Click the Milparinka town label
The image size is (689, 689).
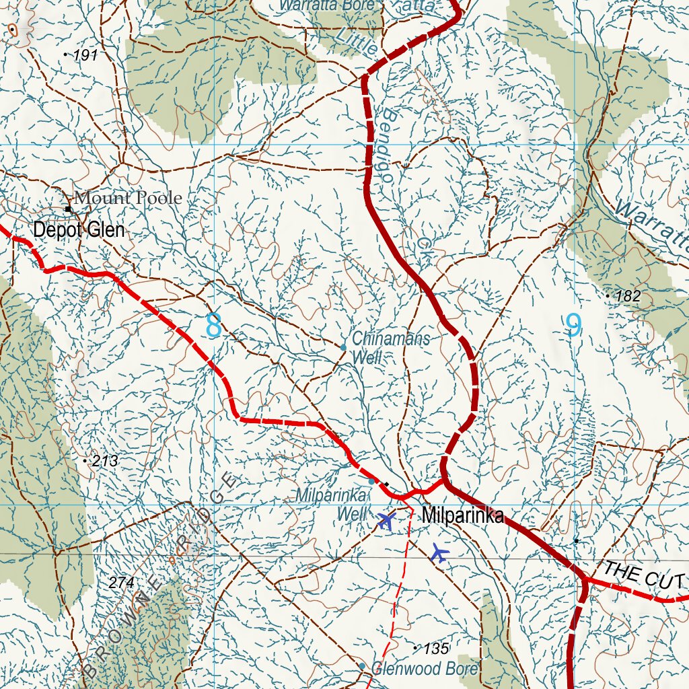[x=463, y=516]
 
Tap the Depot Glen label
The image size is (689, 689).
[x=79, y=230]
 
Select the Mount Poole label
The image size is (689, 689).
[x=128, y=198]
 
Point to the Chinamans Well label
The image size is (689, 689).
[x=390, y=347]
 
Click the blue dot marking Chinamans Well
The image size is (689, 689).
[x=343, y=347]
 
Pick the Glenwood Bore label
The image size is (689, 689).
[x=425, y=669]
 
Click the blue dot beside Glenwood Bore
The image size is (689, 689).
[x=362, y=666]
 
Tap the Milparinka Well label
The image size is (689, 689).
[x=332, y=505]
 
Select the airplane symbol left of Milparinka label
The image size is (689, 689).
[x=386, y=520]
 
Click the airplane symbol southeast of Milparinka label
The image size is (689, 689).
[x=439, y=553]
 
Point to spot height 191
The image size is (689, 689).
[x=85, y=56]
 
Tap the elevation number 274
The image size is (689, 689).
[x=121, y=583]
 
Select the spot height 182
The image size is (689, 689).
[x=628, y=296]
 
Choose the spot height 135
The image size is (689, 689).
[x=436, y=649]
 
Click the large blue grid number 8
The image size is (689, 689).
[x=214, y=326]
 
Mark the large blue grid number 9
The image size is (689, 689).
[x=573, y=326]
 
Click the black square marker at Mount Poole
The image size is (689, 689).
[x=68, y=209]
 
